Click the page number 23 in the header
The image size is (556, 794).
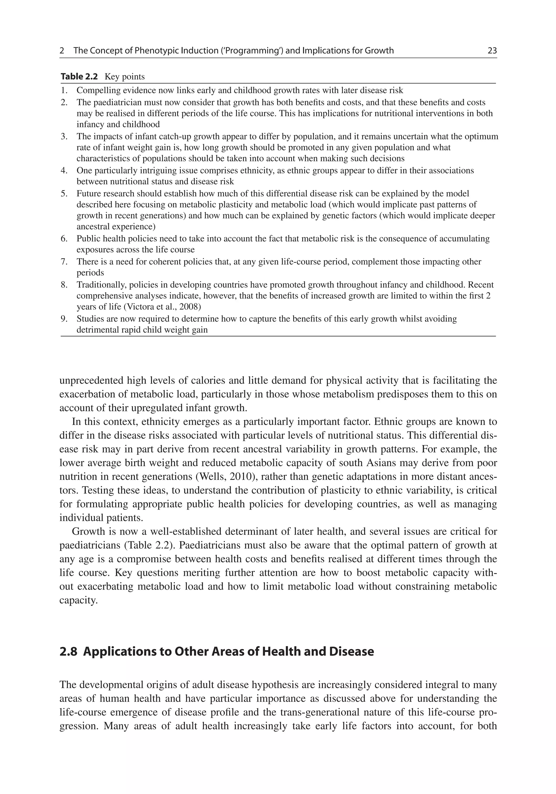coord(492,51)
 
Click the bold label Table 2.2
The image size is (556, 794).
coord(79,77)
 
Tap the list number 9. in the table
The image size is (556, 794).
coord(64,319)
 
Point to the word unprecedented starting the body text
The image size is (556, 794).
coord(91,380)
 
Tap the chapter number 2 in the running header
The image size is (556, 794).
coord(62,51)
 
